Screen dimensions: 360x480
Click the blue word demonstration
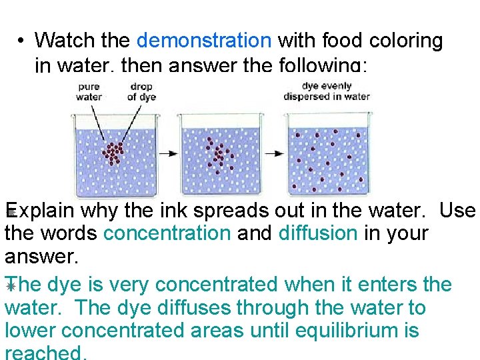[203, 41]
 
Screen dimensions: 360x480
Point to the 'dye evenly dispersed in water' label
[327, 91]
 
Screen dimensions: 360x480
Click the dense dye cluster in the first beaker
[113, 153]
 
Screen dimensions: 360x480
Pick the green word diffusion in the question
[318, 233]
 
